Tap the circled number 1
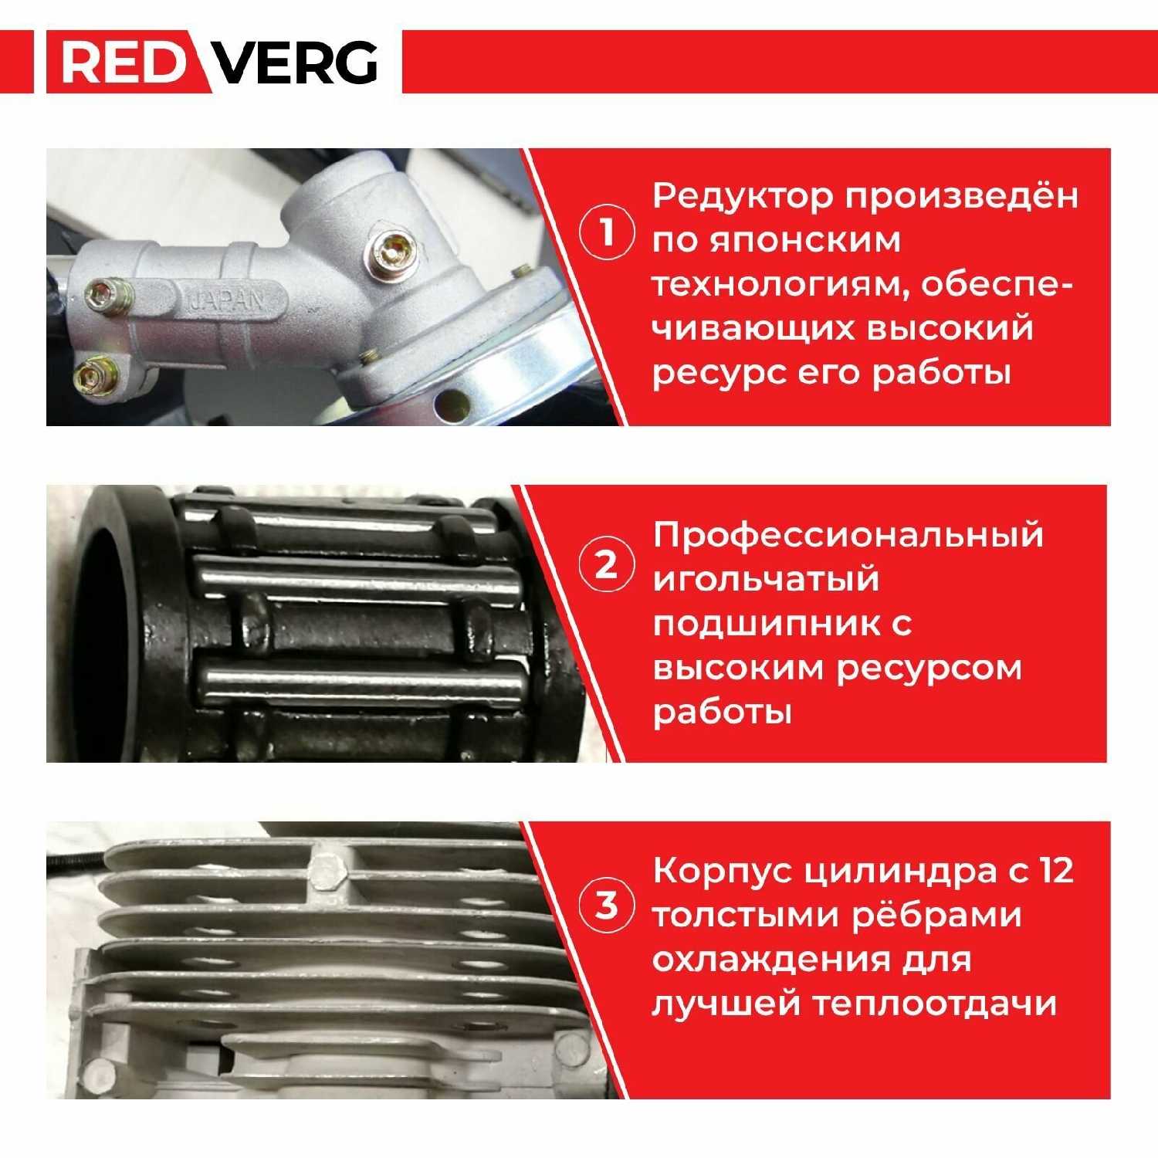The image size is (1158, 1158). pos(608,232)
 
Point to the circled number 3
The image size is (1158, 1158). pos(608,903)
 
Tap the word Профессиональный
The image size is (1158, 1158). pos(848,535)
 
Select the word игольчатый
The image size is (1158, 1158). pos(766,579)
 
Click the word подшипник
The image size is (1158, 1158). pos(765,623)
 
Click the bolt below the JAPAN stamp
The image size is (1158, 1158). pos(93,376)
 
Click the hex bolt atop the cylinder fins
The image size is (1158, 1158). pos(330,871)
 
